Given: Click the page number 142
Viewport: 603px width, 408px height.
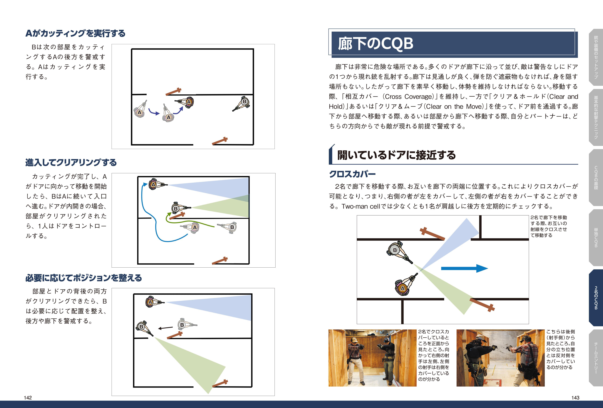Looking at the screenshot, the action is (28, 398).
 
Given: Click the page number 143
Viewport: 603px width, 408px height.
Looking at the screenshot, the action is (575, 398).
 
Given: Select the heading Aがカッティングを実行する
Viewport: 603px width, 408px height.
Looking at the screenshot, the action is (75, 33).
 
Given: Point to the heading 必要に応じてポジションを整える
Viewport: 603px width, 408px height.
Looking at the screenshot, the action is (84, 278).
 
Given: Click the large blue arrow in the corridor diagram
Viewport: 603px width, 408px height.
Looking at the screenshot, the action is (464, 268).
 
